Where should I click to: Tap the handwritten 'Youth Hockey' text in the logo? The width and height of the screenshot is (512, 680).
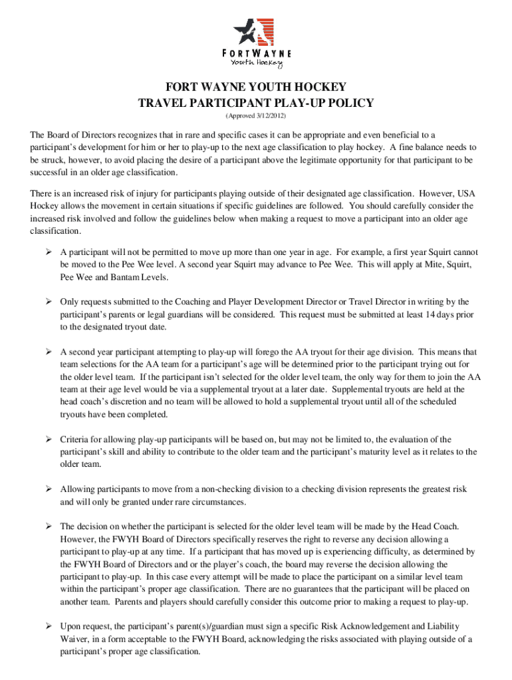tap(256, 62)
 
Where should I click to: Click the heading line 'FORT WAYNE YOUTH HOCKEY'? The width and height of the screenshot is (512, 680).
tap(256, 87)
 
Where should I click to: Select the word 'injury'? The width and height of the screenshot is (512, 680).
tap(136, 193)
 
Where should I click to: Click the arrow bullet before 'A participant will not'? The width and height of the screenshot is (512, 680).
tap(49, 252)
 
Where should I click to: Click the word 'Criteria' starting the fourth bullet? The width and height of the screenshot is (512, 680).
tap(75, 439)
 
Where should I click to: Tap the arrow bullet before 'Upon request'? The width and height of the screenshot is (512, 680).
tap(49, 626)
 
